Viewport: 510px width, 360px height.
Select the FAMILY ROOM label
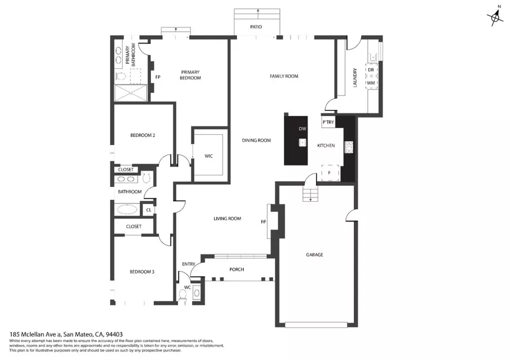click(x=284, y=76)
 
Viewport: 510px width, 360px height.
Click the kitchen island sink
click(x=302, y=142)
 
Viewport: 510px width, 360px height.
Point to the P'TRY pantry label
click(x=328, y=123)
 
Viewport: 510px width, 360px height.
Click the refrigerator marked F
click(x=329, y=173)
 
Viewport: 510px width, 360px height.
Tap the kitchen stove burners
click(x=349, y=147)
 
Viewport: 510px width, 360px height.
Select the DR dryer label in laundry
click(x=371, y=70)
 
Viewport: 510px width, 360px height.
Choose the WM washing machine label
click(x=371, y=83)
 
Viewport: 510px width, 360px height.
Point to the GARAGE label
click(x=314, y=255)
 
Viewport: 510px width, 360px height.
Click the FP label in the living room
click(x=264, y=221)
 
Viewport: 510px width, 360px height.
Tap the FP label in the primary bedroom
click(x=158, y=78)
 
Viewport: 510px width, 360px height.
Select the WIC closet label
click(x=209, y=156)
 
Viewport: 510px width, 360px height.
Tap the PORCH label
click(x=236, y=270)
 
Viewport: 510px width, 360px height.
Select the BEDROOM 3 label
click(x=142, y=272)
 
